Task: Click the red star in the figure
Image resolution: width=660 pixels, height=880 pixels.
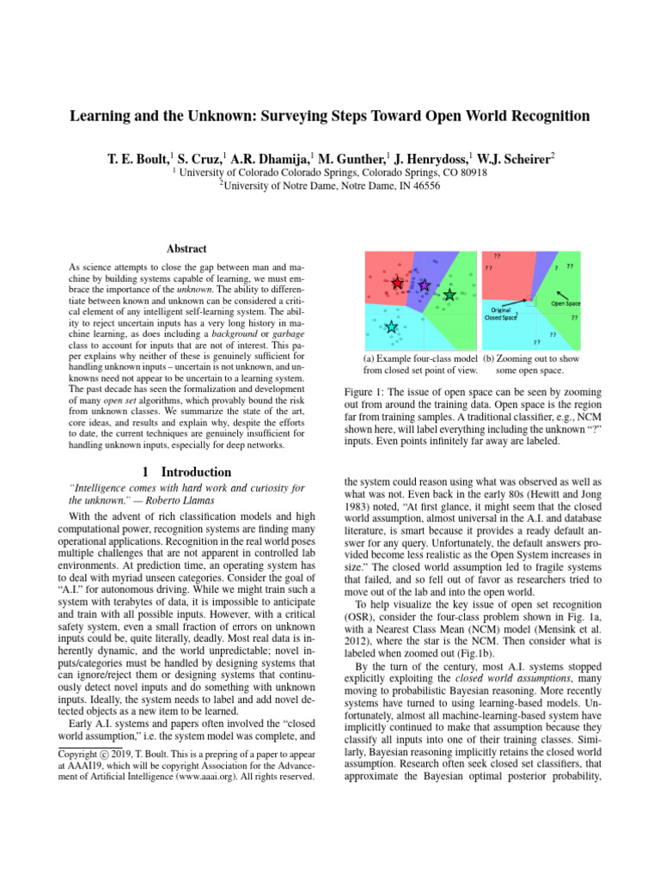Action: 397,283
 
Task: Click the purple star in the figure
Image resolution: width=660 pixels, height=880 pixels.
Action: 423,284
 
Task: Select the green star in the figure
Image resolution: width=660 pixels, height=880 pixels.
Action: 449,295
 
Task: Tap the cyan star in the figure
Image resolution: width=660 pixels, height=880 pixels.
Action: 392,326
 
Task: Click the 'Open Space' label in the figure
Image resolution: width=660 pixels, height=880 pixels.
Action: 565,302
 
